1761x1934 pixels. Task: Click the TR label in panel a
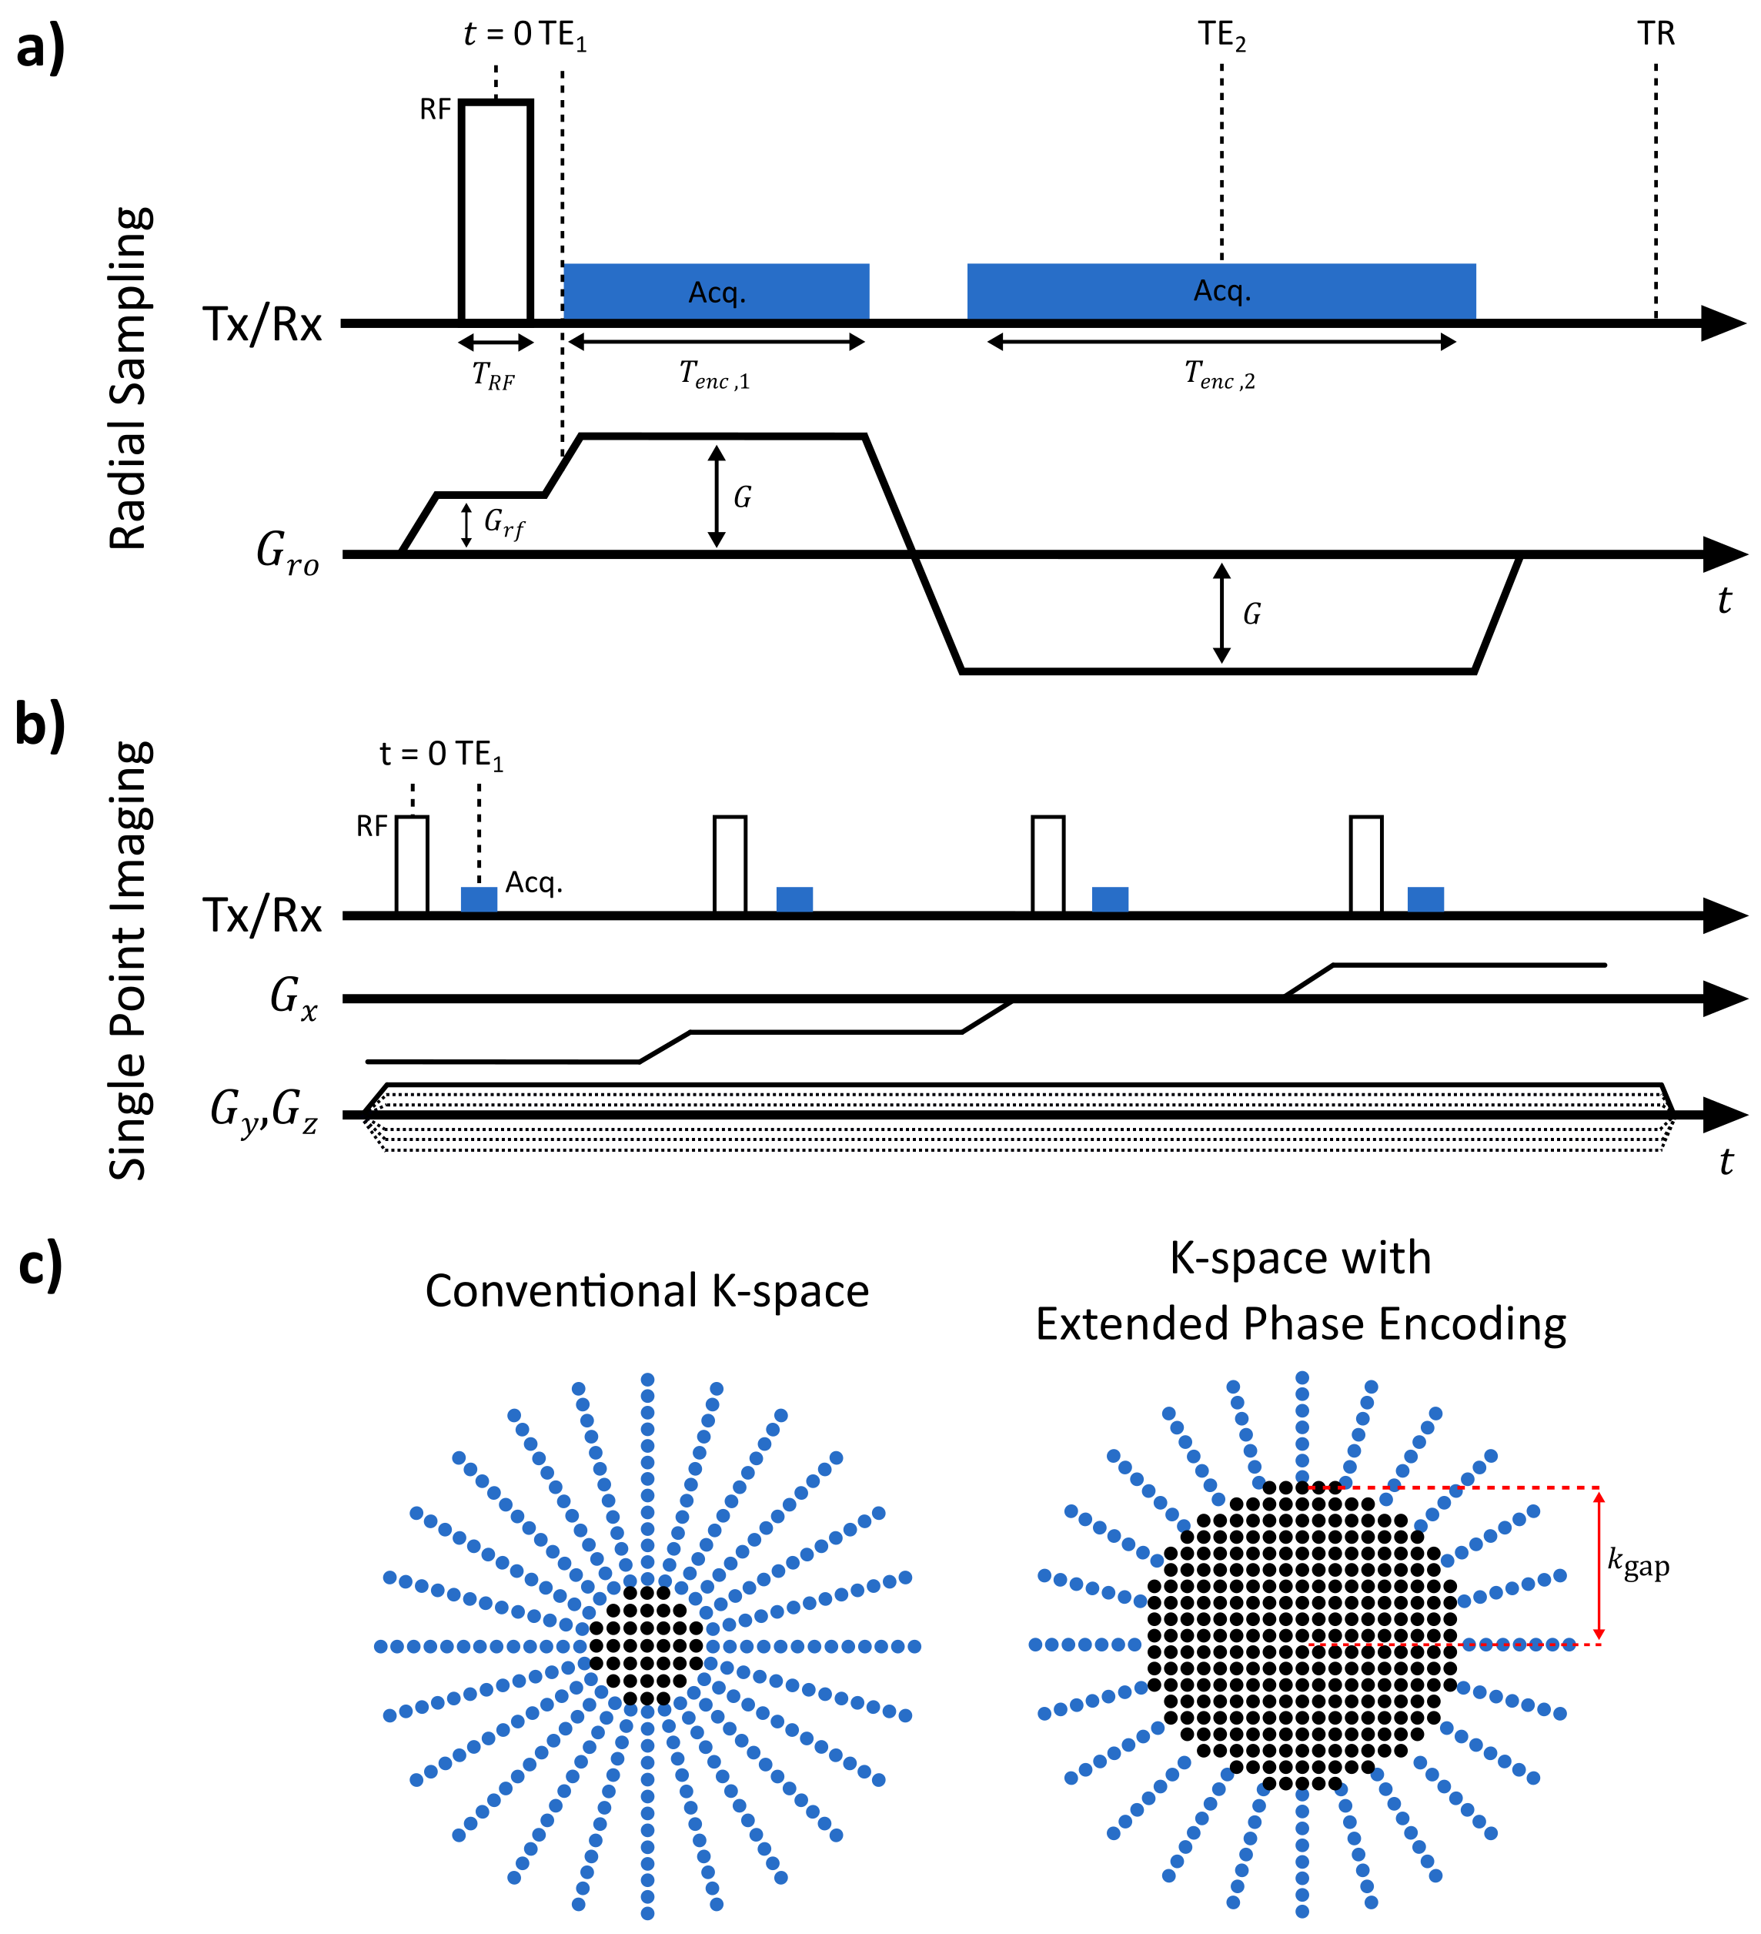1656,35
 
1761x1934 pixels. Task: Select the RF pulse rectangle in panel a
496,210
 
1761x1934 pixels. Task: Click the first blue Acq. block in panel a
717,292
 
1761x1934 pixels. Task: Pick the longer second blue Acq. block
1221,292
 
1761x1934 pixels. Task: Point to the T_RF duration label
493,376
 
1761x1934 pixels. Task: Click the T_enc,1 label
714,375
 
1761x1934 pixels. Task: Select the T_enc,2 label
1219,375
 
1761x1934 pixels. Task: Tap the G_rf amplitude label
503,523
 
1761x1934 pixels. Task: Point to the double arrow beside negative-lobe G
1221,613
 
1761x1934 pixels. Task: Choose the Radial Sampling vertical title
129,378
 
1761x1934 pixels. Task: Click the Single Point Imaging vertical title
129,960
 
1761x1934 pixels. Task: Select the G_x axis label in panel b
292,997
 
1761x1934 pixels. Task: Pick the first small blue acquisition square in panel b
479,899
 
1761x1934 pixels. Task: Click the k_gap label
1638,1564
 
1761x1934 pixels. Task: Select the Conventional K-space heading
647,1291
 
